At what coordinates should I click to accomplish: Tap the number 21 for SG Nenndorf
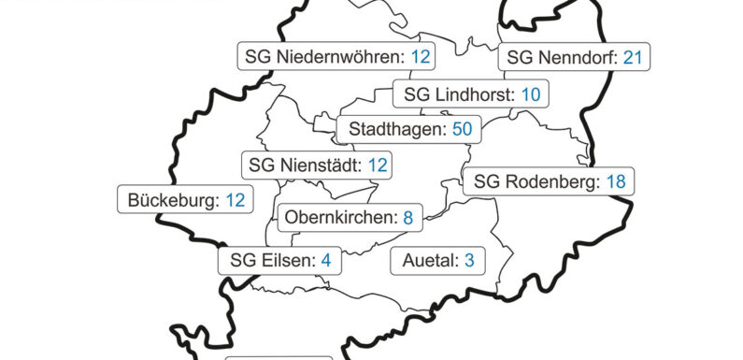pos(634,57)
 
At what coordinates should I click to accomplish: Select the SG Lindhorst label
pos(470,94)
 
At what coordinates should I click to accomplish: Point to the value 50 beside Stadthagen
pos(462,129)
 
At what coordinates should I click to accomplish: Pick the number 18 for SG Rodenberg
pos(615,181)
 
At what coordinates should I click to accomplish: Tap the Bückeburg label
pos(185,200)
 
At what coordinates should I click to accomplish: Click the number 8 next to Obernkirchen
pos(407,218)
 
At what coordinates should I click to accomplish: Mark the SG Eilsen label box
pos(280,261)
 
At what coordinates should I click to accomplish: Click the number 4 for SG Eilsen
pos(326,261)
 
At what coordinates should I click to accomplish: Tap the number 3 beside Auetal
pos(469,261)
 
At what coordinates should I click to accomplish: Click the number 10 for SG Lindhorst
pos(531,94)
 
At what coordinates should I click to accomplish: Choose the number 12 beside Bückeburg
pos(235,200)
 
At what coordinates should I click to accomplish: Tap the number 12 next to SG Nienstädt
pos(377,166)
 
